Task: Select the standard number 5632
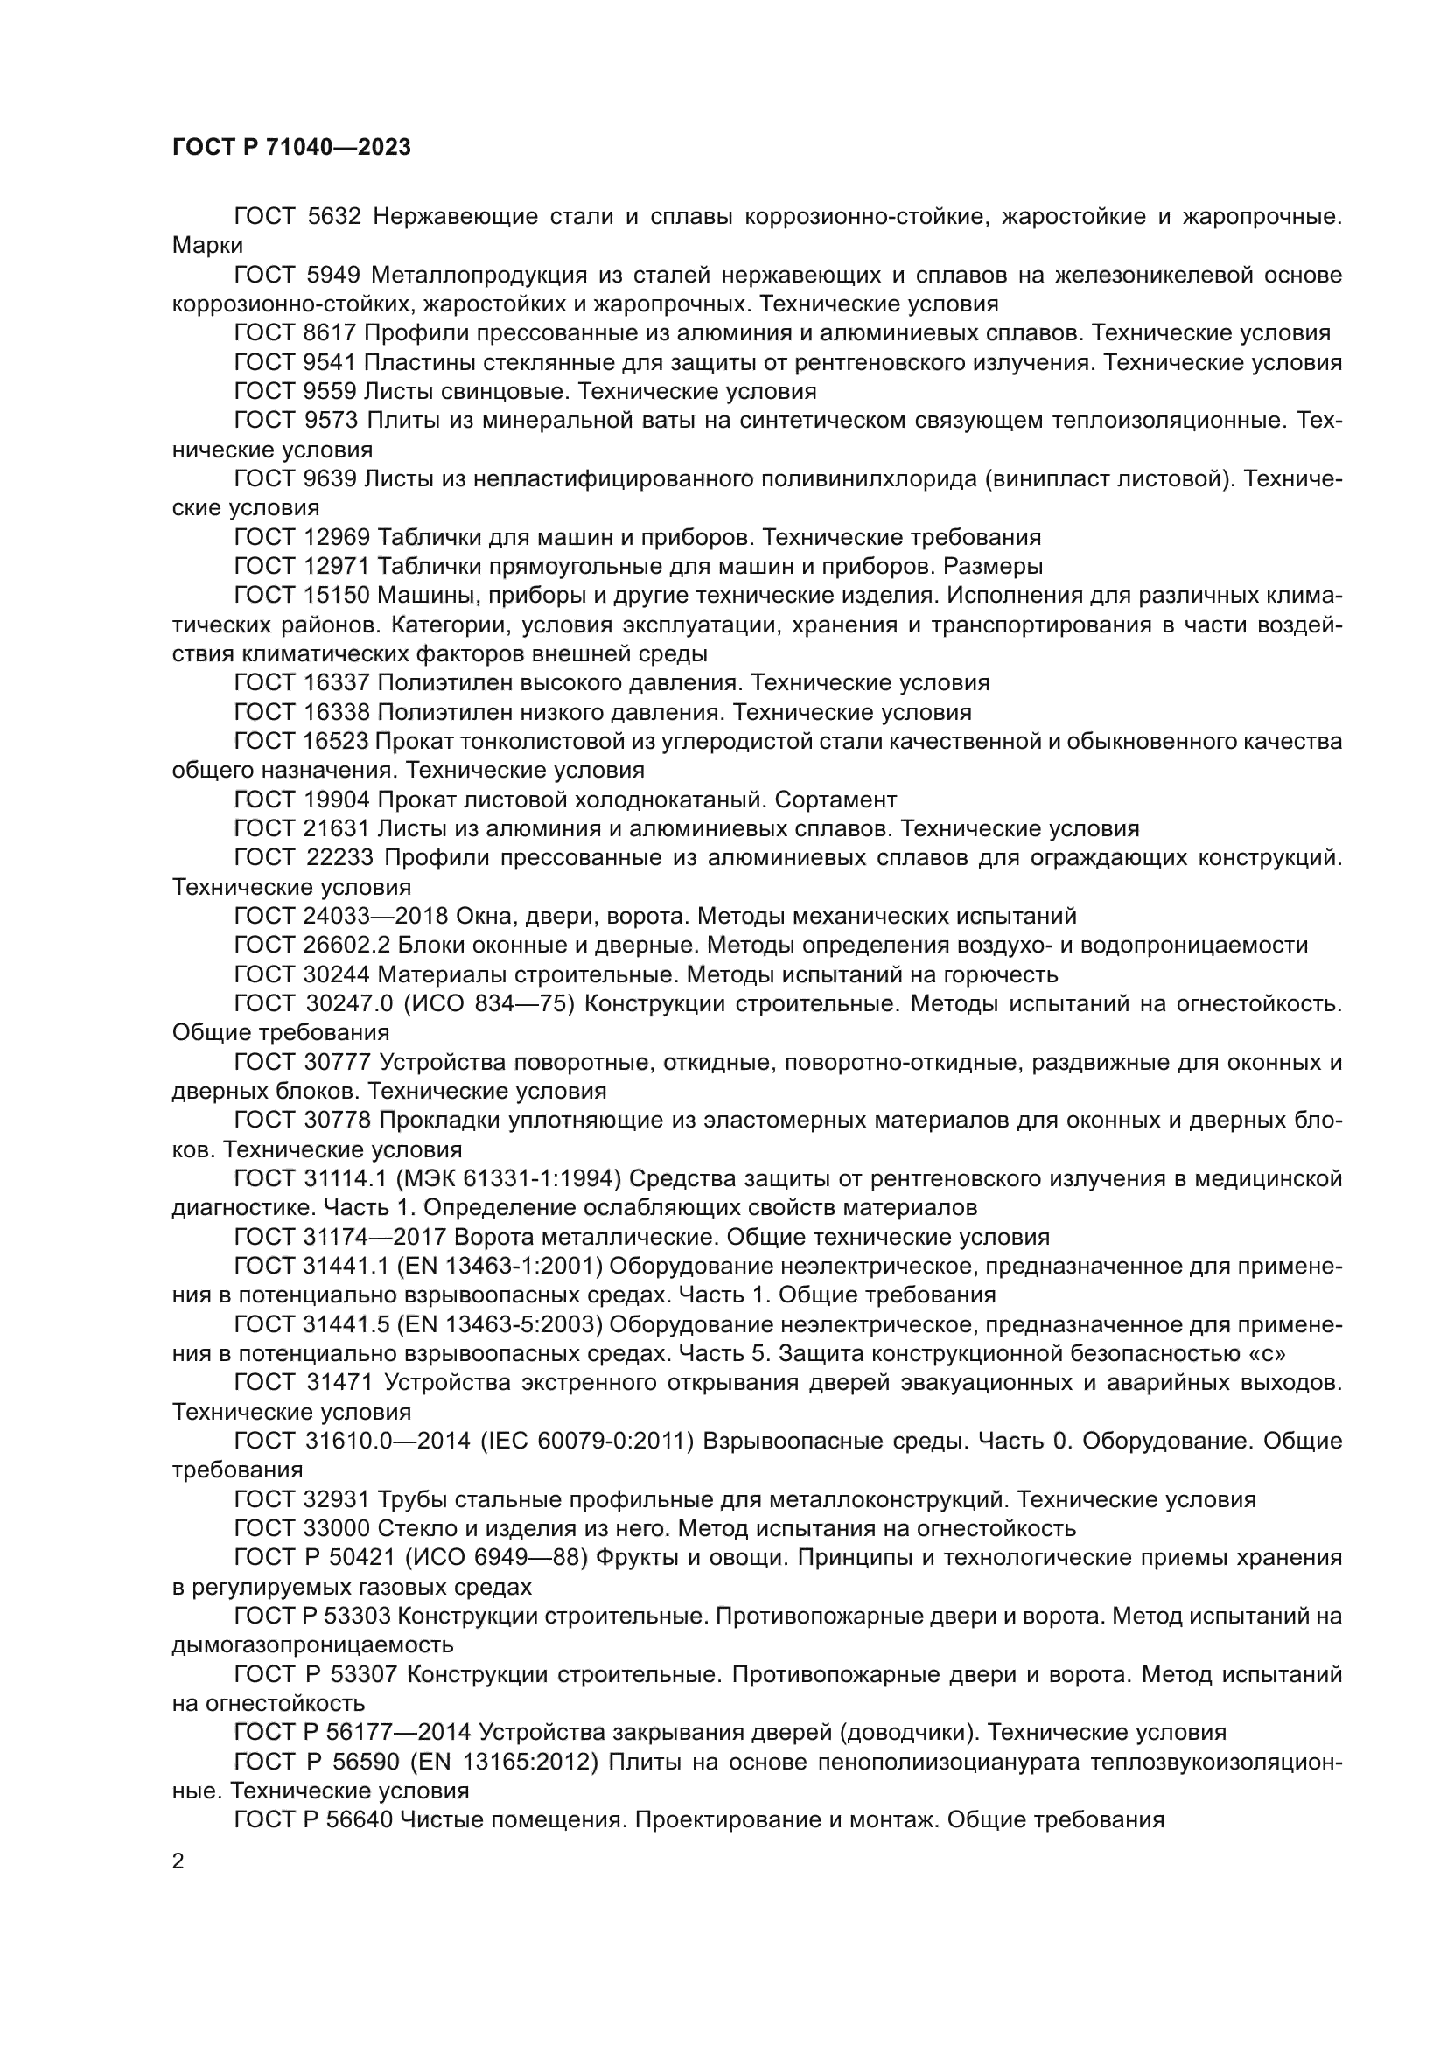333,217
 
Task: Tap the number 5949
333,276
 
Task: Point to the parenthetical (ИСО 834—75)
490,1004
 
